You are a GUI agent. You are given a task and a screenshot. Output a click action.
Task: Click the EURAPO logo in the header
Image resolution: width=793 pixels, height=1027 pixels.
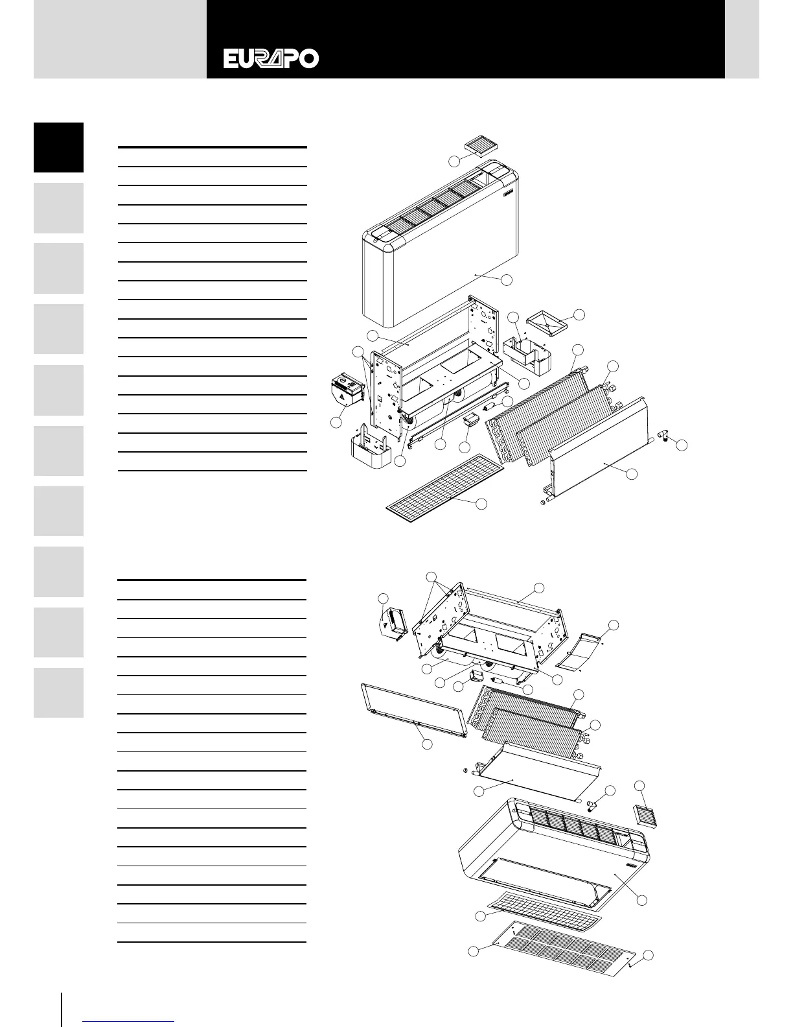click(x=271, y=59)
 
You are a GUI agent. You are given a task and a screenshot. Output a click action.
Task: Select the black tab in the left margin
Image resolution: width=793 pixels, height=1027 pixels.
click(x=58, y=147)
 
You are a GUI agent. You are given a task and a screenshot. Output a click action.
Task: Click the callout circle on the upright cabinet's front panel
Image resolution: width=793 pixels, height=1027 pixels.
click(x=507, y=279)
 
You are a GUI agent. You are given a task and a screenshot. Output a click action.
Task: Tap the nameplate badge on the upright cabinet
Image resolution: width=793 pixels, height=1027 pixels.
click(x=507, y=191)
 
